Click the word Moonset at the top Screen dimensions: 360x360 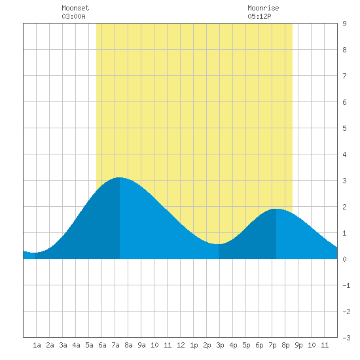[x=75, y=8]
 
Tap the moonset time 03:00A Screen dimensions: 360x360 [x=73, y=16]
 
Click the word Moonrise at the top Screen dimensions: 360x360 [x=263, y=8]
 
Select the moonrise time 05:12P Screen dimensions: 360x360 [x=259, y=16]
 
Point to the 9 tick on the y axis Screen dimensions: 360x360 [x=344, y=24]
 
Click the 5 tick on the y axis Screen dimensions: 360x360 [x=344, y=128]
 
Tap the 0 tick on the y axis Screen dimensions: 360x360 [x=344, y=259]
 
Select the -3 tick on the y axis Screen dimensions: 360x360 [x=346, y=338]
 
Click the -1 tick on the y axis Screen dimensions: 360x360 [x=346, y=285]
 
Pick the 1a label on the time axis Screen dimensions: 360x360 [x=37, y=345]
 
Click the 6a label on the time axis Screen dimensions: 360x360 [x=102, y=345]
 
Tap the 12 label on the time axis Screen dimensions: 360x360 [x=181, y=345]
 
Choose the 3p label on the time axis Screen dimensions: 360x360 [x=220, y=345]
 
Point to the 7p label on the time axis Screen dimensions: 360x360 [x=272, y=345]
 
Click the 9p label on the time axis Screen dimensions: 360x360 [x=298, y=345]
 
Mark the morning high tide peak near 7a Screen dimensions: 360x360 [x=119, y=177]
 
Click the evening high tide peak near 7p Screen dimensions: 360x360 [x=276, y=209]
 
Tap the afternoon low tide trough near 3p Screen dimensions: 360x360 [x=219, y=244]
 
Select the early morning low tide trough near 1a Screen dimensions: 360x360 [x=35, y=253]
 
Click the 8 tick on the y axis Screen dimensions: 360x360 [x=344, y=50]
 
